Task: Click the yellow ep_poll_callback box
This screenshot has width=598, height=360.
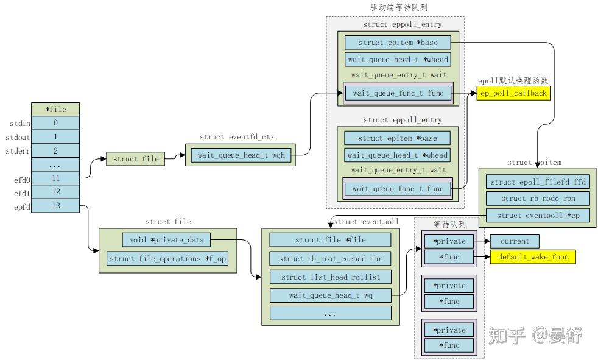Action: click(513, 93)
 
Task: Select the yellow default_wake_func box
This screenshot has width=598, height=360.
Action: click(532, 257)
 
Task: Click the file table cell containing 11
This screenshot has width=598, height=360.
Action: click(55, 178)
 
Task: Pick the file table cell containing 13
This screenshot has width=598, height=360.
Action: click(55, 206)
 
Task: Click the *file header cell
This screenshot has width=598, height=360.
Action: click(55, 110)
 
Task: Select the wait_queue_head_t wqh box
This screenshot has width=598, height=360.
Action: click(241, 155)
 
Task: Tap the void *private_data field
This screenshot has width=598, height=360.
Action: click(167, 239)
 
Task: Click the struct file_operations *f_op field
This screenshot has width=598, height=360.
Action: click(167, 259)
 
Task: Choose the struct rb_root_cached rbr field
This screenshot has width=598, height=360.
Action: click(330, 258)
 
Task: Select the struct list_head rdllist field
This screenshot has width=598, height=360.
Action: click(330, 277)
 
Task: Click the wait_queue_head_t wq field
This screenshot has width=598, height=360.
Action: click(330, 295)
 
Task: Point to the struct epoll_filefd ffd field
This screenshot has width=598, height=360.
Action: click(537, 182)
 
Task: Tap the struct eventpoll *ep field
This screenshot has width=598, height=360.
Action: click(537, 216)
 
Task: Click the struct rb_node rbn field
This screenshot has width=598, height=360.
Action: click(537, 199)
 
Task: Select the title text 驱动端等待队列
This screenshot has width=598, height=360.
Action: click(395, 7)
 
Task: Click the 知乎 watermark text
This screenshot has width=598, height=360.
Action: click(507, 334)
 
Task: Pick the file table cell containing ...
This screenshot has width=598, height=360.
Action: click(55, 164)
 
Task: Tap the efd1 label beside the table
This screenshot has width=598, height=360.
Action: click(16, 192)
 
